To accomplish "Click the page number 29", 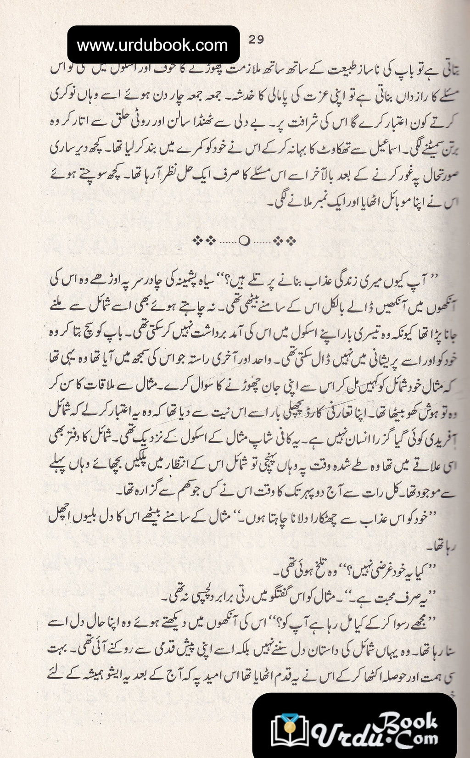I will (x=256, y=39).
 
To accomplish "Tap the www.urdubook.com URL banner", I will (x=153, y=45).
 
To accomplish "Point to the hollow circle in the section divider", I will (x=245, y=241).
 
